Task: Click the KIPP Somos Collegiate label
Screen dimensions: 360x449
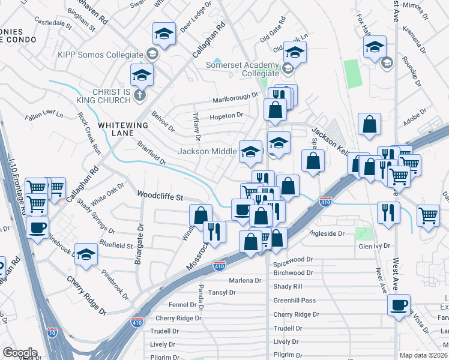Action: tap(100, 55)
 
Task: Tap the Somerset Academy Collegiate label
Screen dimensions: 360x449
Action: tap(243, 69)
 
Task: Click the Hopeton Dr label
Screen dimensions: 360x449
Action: tap(226, 115)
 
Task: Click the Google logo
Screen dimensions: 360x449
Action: tap(20, 353)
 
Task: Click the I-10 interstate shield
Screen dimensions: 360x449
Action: tap(52, 332)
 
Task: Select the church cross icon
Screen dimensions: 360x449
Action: tap(140, 95)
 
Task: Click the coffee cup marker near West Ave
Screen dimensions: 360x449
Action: tap(399, 304)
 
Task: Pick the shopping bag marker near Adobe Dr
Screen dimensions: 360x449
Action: tap(369, 124)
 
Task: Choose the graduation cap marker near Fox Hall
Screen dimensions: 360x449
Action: tap(374, 47)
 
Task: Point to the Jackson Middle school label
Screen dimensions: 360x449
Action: tap(208, 151)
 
